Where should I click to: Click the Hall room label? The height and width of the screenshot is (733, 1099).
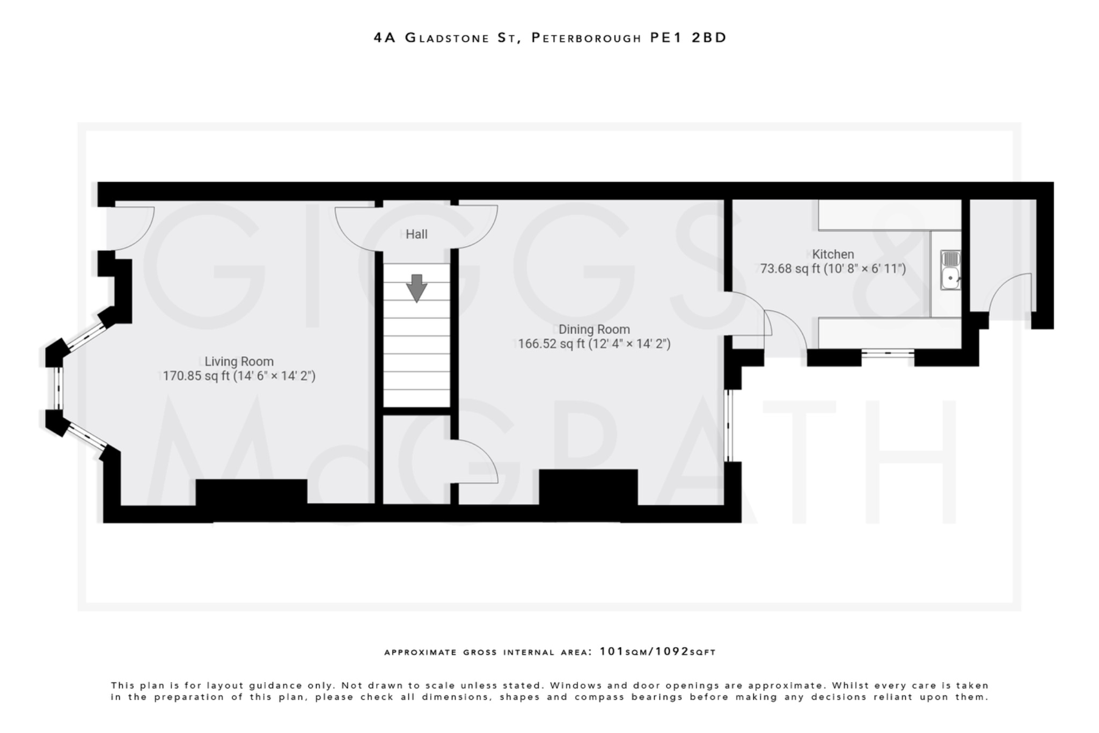416,234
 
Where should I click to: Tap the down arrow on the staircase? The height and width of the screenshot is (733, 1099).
416,288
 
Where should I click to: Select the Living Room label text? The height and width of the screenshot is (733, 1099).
239,361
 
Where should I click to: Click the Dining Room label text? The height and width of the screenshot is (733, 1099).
594,329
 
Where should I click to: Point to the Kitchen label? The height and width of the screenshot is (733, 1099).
833,254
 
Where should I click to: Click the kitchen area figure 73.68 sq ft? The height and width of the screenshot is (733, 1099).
790,268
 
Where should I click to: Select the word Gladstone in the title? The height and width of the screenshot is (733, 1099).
447,38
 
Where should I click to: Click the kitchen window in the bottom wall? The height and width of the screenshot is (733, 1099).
888,353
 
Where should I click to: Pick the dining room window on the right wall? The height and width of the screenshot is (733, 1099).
728,425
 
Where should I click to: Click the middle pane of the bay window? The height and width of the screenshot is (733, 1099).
58,388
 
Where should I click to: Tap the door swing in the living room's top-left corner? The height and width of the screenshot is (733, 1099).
131,228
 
